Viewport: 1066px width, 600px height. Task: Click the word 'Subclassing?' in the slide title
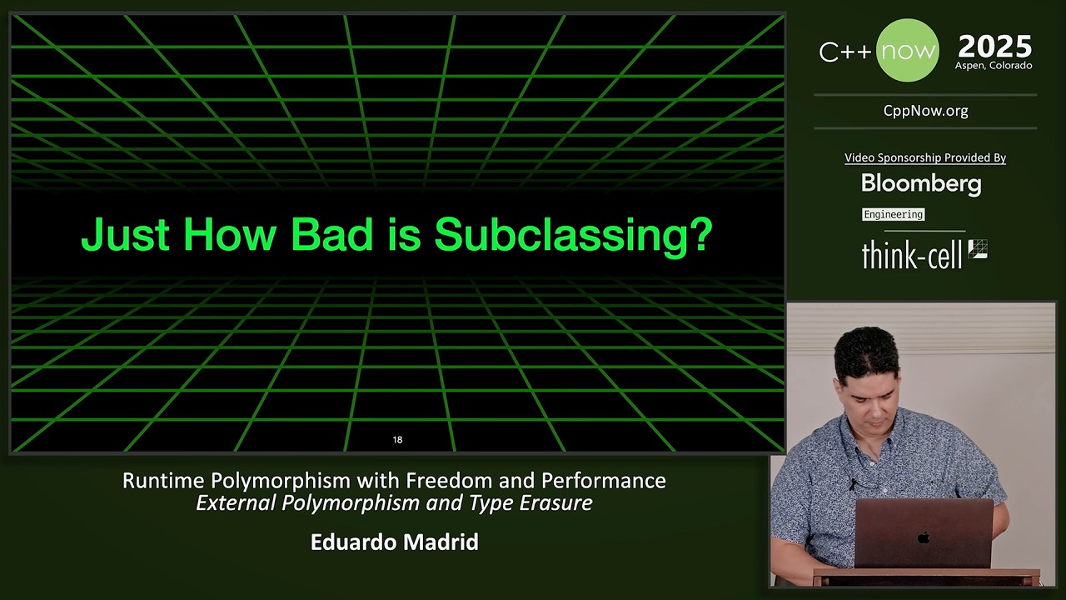pyautogui.click(x=573, y=235)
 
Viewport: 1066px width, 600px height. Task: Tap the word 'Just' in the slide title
pyautogui.click(x=125, y=235)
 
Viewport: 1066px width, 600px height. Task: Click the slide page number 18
pyautogui.click(x=397, y=439)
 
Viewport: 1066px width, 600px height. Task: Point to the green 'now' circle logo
pyautogui.click(x=908, y=51)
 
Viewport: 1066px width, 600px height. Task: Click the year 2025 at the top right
pyautogui.click(x=994, y=46)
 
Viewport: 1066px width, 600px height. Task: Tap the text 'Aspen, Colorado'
pyautogui.click(x=994, y=66)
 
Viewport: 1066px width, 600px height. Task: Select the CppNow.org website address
pyautogui.click(x=925, y=111)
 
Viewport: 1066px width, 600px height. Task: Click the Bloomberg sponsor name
pyautogui.click(x=921, y=183)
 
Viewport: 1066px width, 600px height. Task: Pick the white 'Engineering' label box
pyautogui.click(x=893, y=214)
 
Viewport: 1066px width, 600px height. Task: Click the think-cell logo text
pyautogui.click(x=911, y=255)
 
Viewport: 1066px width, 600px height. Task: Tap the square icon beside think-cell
pyautogui.click(x=978, y=249)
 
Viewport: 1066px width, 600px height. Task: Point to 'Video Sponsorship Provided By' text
pyautogui.click(x=925, y=157)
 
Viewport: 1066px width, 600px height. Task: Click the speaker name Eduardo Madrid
pyautogui.click(x=394, y=542)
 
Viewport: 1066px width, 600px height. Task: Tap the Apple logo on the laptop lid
pyautogui.click(x=924, y=537)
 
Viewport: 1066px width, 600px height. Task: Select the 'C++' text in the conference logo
pyautogui.click(x=845, y=52)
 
